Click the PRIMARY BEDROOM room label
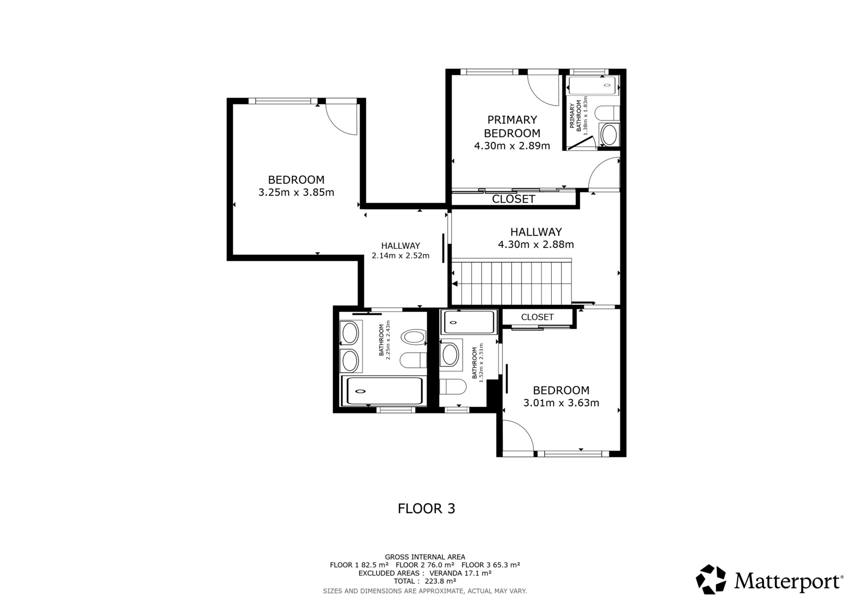pos(512,126)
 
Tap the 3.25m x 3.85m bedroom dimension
pos(296,192)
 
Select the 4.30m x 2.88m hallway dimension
pos(536,245)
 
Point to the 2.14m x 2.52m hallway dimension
pos(400,255)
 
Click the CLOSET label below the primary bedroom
pos(513,199)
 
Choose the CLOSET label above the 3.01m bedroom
pos(537,317)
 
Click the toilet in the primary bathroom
pos(607,114)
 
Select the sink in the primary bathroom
pos(609,135)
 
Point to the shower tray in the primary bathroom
pos(592,85)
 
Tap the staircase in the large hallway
pos(511,283)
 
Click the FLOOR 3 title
pos(426,509)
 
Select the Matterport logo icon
pos(711,580)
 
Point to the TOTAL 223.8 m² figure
pos(425,581)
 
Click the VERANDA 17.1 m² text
pos(461,573)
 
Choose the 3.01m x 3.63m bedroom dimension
pos(561,403)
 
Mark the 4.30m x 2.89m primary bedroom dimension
pos(512,146)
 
